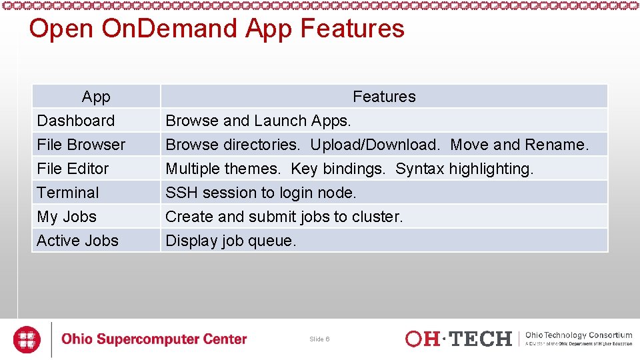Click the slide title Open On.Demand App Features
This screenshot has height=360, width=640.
click(217, 29)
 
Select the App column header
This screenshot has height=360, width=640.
click(96, 97)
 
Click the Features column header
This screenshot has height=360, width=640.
click(384, 97)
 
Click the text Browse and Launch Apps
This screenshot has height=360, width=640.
click(258, 121)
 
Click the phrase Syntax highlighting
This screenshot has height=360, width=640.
click(464, 169)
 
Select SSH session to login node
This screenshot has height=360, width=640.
click(261, 193)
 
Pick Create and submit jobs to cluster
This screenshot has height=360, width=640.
click(284, 217)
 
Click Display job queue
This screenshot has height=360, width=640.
click(231, 241)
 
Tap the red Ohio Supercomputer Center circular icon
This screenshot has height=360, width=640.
click(27, 339)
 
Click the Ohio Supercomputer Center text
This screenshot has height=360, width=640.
click(154, 339)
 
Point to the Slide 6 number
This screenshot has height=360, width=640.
click(319, 339)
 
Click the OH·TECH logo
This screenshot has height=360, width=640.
click(458, 339)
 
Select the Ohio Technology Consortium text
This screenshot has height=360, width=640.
click(579, 335)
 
